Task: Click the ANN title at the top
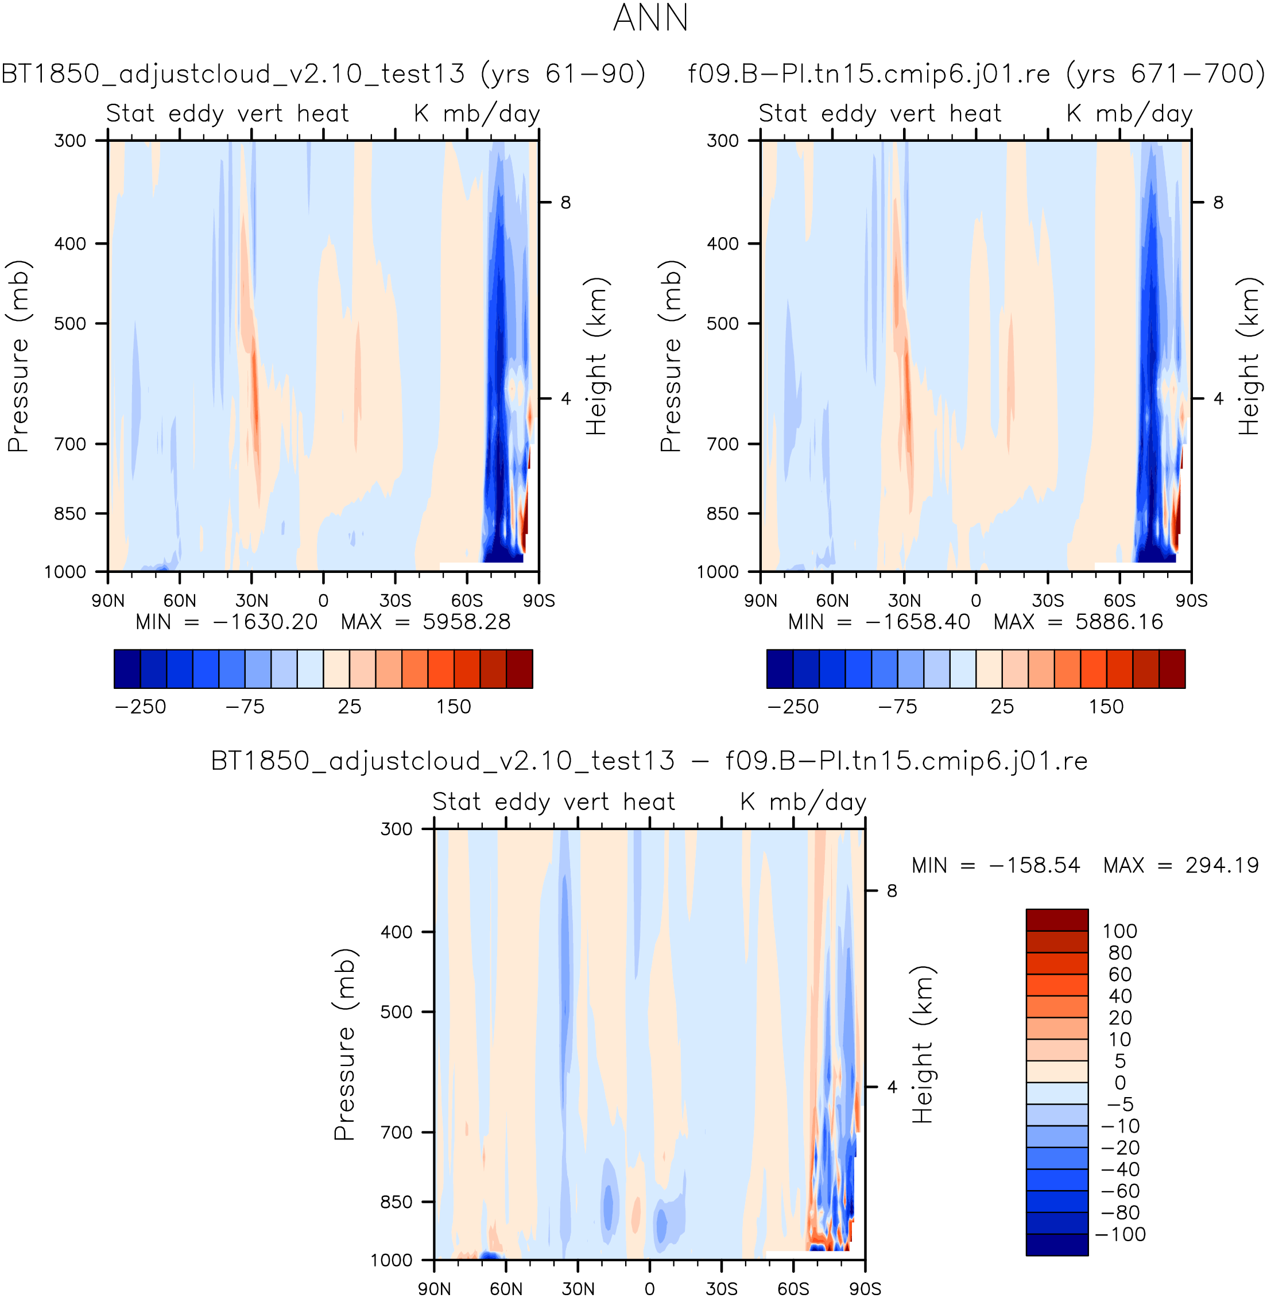pyautogui.click(x=650, y=18)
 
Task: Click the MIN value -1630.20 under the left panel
pyautogui.click(x=265, y=622)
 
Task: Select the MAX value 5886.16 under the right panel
pyautogui.click(x=1119, y=622)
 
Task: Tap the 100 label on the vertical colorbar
pyautogui.click(x=1120, y=931)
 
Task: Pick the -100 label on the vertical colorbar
pyautogui.click(x=1120, y=1235)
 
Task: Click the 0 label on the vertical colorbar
pyautogui.click(x=1120, y=1083)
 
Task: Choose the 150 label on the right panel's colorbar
pyautogui.click(x=1106, y=707)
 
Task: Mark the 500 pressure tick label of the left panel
pyautogui.click(x=71, y=324)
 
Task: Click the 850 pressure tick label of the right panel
pyautogui.click(x=723, y=514)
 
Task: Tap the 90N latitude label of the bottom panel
pyautogui.click(x=434, y=1289)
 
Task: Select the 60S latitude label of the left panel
pyautogui.click(x=467, y=600)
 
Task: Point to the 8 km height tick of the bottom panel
pyautogui.click(x=892, y=891)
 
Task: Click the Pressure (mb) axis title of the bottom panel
pyautogui.click(x=344, y=1044)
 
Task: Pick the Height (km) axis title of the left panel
pyautogui.click(x=596, y=357)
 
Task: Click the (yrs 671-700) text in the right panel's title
pyautogui.click(x=1164, y=73)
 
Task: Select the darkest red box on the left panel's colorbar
pyautogui.click(x=520, y=669)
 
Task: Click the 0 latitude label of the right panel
pyautogui.click(x=976, y=600)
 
